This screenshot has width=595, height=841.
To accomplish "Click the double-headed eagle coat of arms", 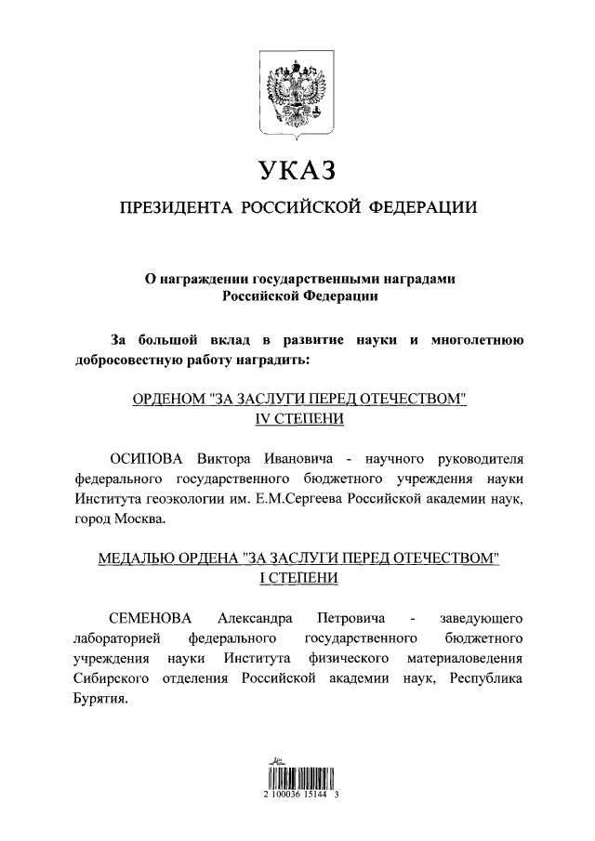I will click(297, 96).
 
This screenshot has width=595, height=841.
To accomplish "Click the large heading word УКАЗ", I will click(297, 172).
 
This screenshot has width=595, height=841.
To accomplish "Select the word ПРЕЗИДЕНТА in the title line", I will click(171, 208).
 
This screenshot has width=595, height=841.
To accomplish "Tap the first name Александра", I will click(255, 617).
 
